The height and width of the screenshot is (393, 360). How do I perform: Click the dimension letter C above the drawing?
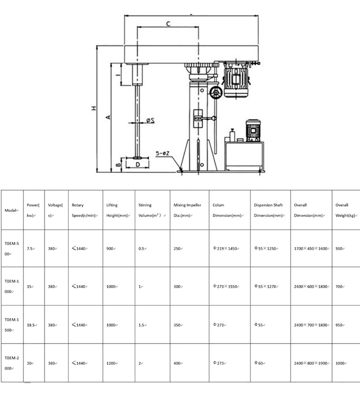(x=168, y=24)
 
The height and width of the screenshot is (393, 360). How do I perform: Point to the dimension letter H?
(x=94, y=108)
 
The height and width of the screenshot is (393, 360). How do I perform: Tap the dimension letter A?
(x=108, y=117)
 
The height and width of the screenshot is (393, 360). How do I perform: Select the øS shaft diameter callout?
(x=150, y=120)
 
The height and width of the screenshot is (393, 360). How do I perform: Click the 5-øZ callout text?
(x=163, y=153)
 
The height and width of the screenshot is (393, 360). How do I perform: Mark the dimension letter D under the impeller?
(x=138, y=164)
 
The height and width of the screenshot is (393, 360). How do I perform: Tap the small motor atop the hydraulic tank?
(x=253, y=131)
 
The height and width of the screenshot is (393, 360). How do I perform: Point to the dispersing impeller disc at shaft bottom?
(x=137, y=157)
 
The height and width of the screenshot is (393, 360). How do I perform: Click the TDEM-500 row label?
(x=12, y=248)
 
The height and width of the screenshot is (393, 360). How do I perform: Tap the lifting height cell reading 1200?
(x=111, y=363)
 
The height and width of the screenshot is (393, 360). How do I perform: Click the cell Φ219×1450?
(x=226, y=248)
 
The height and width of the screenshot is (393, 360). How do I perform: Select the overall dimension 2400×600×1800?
(x=311, y=287)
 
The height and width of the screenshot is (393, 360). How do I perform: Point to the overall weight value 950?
(x=339, y=325)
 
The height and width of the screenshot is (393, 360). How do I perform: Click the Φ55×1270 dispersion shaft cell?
(x=266, y=286)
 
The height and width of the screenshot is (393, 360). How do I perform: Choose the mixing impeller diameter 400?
(x=177, y=363)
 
